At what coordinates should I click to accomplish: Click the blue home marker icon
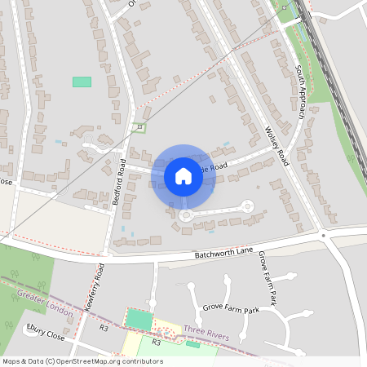183,176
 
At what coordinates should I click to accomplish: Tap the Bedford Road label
118,186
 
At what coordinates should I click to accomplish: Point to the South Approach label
299,92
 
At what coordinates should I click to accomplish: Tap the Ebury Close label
45,334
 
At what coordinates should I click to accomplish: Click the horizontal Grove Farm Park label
230,311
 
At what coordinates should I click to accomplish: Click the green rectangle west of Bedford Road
82,82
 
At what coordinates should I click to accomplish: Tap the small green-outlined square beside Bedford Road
139,126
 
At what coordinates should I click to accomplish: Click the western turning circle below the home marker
186,215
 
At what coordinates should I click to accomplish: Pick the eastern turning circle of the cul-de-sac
248,206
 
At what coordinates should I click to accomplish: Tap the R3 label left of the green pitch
104,328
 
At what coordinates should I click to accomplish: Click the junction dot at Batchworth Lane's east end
324,237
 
